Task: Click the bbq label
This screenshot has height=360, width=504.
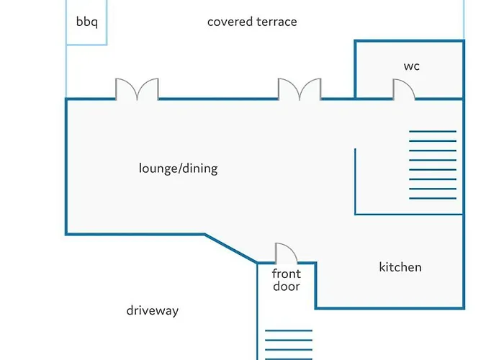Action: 86,21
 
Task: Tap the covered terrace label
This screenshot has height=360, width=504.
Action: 252,22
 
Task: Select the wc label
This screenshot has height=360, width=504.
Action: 411,66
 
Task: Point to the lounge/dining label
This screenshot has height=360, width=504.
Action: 178,168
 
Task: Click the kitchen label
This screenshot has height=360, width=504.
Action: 400,267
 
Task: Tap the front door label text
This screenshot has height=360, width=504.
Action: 286,280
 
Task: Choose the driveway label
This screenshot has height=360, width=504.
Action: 152,311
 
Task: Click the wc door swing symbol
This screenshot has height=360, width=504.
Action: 404,89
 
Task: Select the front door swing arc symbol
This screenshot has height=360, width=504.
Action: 286,253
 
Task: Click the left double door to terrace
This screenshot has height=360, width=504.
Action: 137,89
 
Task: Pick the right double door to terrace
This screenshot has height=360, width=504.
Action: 300,89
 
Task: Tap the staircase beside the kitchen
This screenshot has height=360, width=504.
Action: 432,164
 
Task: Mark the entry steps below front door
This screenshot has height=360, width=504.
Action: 288,344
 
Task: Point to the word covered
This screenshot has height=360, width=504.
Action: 228,22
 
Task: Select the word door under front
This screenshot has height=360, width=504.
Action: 286,287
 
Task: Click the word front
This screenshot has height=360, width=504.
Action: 286,274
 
